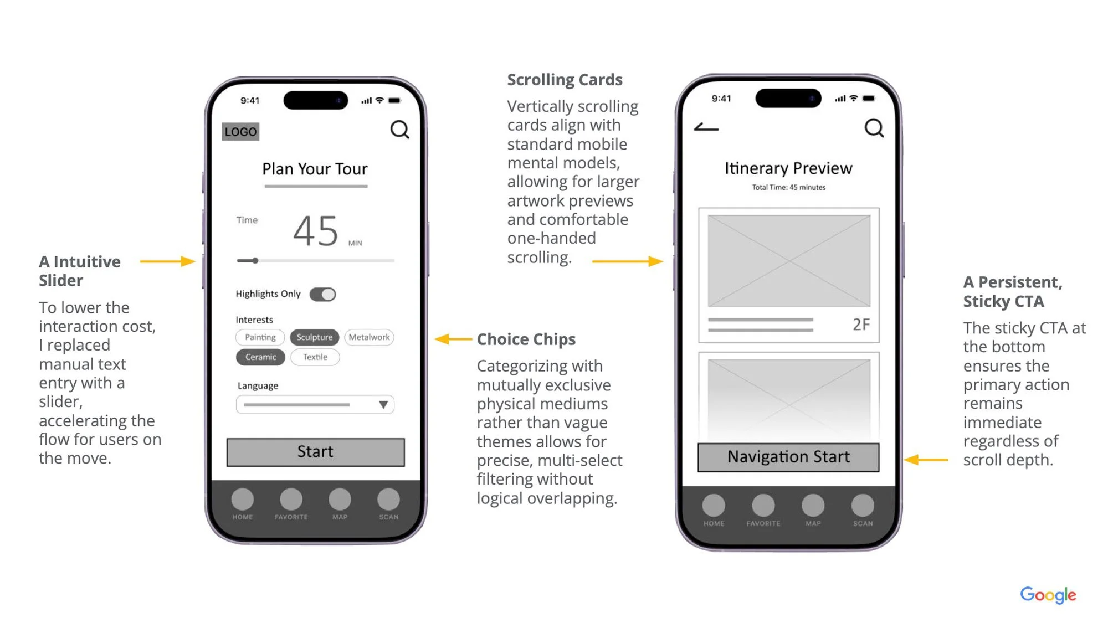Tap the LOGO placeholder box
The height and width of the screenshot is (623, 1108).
[240, 131]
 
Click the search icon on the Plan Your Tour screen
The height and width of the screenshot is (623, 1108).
[399, 130]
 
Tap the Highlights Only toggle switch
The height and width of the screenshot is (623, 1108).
[322, 294]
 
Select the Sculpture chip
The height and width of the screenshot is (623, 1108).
[314, 337]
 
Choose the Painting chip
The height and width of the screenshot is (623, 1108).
[260, 337]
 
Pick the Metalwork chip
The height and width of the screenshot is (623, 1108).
[369, 337]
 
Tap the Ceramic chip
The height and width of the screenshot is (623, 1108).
[260, 357]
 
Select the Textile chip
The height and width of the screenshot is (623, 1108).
[315, 357]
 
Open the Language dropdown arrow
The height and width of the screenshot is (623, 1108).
[383, 405]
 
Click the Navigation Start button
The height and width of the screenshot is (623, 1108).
[788, 457]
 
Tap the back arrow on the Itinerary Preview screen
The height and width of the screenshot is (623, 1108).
[706, 127]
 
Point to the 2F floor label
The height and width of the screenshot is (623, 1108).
[861, 325]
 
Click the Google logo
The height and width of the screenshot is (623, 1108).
[1048, 595]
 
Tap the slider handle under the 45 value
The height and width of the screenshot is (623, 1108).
[255, 260]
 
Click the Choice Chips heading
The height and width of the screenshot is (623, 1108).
[526, 339]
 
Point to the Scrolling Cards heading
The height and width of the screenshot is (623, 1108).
[565, 80]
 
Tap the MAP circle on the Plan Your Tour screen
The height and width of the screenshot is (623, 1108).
[340, 499]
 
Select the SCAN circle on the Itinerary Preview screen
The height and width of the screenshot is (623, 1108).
[863, 505]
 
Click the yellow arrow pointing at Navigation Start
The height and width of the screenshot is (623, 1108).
[926, 459]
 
